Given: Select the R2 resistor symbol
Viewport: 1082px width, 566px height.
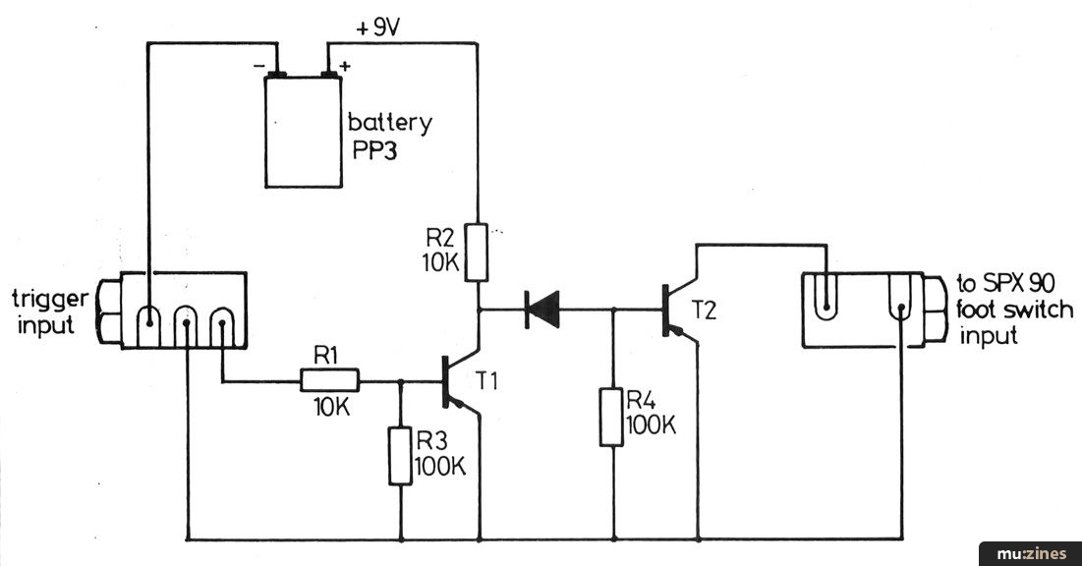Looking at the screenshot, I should [x=478, y=252].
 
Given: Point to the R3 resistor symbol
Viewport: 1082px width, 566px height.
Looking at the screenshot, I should [x=399, y=455].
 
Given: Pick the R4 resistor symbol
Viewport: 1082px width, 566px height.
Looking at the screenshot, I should [x=613, y=418].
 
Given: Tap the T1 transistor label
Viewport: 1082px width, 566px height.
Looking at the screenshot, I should [x=487, y=381].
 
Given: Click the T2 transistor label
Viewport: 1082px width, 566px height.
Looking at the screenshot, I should [x=706, y=309].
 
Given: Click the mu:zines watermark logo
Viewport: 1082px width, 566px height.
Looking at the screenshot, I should [x=1031, y=554].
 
